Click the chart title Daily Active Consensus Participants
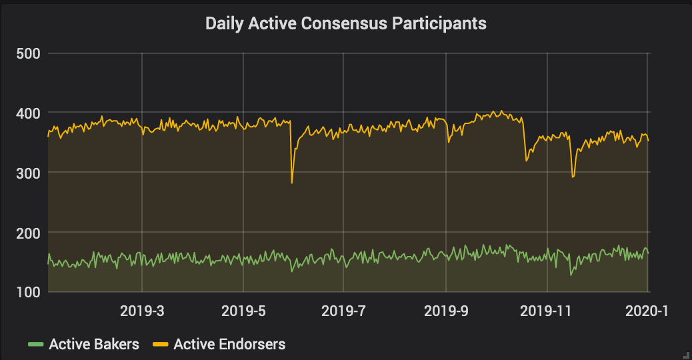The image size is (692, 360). [345, 24]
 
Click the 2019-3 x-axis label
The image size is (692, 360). [141, 311]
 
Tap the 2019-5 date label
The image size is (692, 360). [243, 311]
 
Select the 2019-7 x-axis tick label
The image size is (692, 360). [343, 311]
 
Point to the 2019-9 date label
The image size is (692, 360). [445, 311]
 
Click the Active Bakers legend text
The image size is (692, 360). [94, 345]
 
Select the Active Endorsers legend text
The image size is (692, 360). [229, 345]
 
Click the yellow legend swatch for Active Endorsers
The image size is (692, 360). [160, 345]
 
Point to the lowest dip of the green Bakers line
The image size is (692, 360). [571, 275]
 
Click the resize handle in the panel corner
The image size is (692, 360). [687, 355]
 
